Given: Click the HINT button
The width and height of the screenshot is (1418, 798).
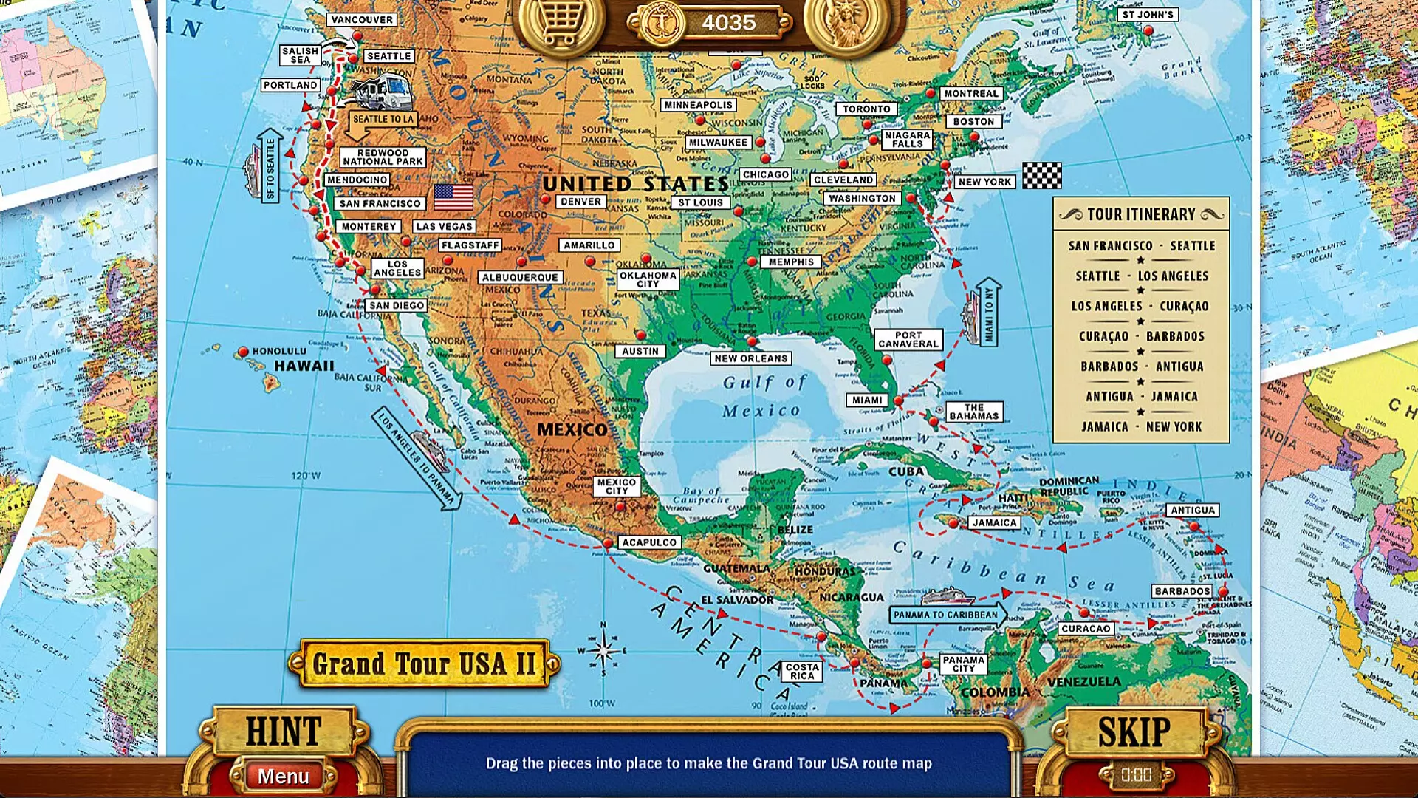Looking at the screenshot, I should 283,731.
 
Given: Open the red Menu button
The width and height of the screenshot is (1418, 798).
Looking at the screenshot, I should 284,777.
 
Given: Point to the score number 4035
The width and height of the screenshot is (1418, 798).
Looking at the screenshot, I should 728,23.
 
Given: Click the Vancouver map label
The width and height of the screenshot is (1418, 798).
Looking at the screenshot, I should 362,20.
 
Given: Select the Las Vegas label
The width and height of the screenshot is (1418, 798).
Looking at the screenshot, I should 444,227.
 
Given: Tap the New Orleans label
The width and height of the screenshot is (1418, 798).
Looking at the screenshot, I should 751,358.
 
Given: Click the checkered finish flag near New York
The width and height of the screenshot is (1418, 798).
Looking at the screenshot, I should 1041,176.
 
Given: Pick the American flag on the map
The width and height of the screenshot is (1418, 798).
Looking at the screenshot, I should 453,197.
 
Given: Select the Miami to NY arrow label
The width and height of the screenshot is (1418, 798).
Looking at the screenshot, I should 988,313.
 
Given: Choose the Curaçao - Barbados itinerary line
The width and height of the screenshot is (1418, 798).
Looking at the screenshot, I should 1141,336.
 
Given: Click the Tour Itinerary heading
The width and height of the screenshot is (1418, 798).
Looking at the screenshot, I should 1141,214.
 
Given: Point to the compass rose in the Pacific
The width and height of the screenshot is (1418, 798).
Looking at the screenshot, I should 603,651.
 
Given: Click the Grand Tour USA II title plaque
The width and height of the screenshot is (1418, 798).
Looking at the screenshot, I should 423,664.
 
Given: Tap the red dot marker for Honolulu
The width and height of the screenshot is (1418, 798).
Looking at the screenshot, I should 243,352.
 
